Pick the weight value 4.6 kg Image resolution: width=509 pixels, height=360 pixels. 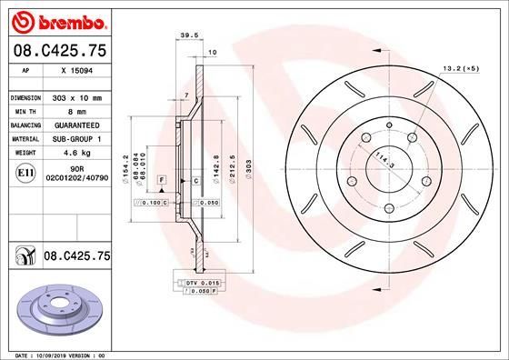click(x=76, y=153)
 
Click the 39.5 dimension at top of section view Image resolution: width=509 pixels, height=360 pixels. click(x=189, y=37)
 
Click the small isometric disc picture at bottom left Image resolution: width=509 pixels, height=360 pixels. click(x=55, y=309)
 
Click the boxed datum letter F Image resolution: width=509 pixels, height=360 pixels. click(x=161, y=182)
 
